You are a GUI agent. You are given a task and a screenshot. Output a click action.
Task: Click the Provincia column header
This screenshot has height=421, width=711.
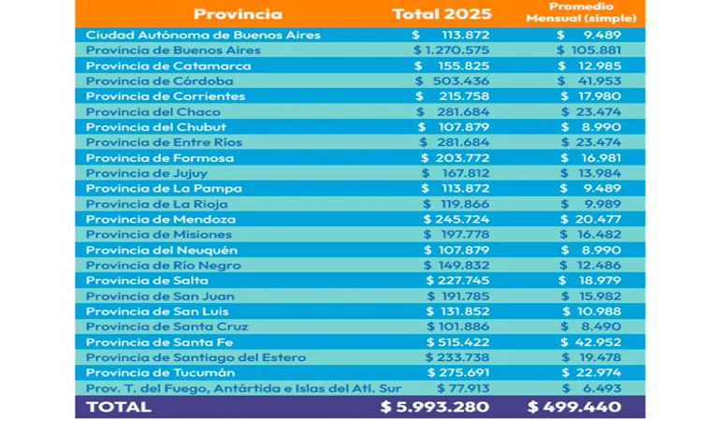coord(238,14)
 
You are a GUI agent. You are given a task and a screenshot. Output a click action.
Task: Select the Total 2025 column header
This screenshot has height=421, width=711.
coord(441,14)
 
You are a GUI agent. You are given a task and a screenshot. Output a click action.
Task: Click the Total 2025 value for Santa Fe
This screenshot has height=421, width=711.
coord(451,342)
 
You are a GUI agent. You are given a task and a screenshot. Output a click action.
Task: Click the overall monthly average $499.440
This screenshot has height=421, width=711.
coord(582,407)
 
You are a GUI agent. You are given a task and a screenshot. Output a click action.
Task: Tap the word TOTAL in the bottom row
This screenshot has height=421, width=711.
coord(118,407)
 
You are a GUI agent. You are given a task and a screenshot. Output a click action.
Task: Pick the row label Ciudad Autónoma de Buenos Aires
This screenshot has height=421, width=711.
coord(203,35)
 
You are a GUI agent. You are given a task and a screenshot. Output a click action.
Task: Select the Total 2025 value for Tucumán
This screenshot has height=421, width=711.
coord(451,372)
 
